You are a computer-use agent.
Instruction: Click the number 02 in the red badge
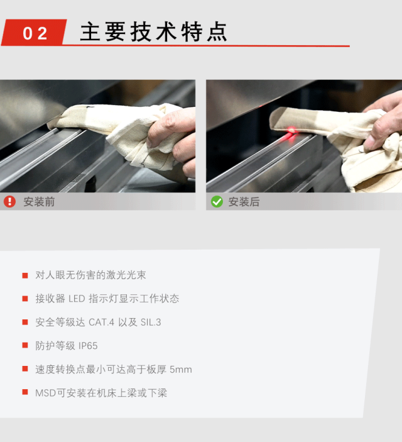[x=35, y=33]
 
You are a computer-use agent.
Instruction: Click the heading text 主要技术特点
[x=153, y=32]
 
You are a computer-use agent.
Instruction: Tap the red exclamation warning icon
[x=9, y=202]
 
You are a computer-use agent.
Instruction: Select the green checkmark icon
[x=217, y=202]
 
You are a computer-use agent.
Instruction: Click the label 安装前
[x=39, y=202]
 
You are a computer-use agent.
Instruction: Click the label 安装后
[x=244, y=202]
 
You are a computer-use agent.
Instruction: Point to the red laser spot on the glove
[x=291, y=130]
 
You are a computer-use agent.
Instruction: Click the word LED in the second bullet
[x=77, y=299]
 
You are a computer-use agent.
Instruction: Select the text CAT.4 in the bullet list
[x=101, y=322]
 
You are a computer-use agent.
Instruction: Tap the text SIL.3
[x=151, y=322]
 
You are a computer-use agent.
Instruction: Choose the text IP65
[x=88, y=346]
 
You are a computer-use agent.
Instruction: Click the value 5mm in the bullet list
[x=181, y=369]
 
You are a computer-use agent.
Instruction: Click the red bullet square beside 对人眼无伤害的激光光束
[x=25, y=275]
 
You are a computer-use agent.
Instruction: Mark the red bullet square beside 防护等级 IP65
[x=25, y=345]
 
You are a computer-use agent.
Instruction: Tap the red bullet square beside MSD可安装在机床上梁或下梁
[x=25, y=392]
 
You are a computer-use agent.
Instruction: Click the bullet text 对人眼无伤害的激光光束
[x=90, y=275]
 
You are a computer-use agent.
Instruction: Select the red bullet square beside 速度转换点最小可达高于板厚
[x=25, y=368]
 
